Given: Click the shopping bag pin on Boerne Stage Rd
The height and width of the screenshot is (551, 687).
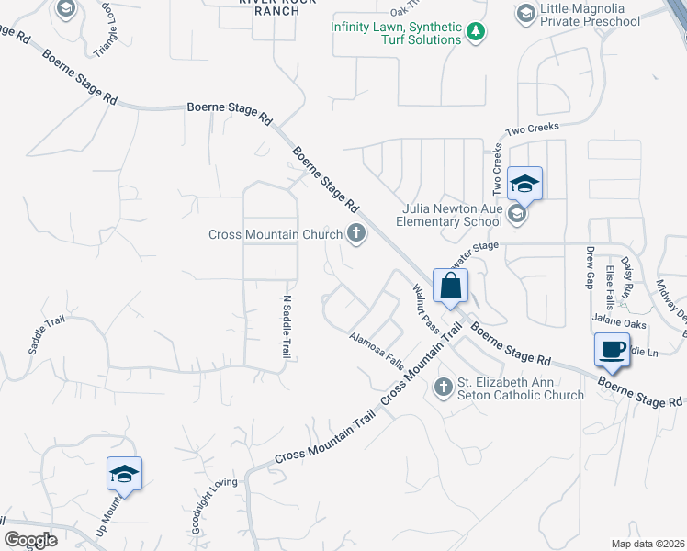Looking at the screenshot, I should (x=451, y=286).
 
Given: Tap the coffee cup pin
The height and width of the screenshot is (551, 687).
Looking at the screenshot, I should (x=612, y=349).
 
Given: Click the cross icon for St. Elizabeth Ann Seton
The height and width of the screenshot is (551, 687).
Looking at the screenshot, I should (x=444, y=387).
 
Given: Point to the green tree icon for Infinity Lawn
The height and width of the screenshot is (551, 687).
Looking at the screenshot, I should (x=475, y=33).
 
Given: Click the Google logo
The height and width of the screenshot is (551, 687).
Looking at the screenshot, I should (x=31, y=540).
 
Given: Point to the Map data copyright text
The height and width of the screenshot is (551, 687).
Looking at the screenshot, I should (x=648, y=544).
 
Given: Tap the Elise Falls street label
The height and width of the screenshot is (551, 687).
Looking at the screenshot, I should (x=610, y=287).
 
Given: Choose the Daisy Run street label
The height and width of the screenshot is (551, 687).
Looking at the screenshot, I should (x=629, y=276).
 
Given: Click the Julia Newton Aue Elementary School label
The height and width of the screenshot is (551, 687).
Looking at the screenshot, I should (x=450, y=215).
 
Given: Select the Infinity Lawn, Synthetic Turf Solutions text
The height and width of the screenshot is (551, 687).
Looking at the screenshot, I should (x=397, y=33).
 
